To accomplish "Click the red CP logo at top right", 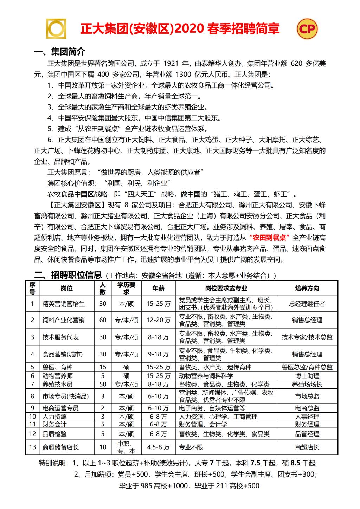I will [307, 29].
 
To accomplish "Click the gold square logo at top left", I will [57, 28].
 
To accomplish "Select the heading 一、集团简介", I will [60, 52].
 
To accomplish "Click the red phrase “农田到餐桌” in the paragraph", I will [268, 238].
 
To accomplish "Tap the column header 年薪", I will [158, 288].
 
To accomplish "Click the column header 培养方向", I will [307, 288].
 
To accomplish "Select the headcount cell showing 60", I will [103, 320].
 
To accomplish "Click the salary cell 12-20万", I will [158, 320].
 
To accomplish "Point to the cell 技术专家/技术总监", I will [307, 337].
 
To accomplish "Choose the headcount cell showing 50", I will [103, 384].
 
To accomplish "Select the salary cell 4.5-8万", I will [158, 447].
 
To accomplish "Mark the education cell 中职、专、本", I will [126, 447].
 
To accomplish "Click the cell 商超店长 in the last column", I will [307, 447].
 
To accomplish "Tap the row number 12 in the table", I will [33, 434].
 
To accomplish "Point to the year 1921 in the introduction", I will [171, 64].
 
